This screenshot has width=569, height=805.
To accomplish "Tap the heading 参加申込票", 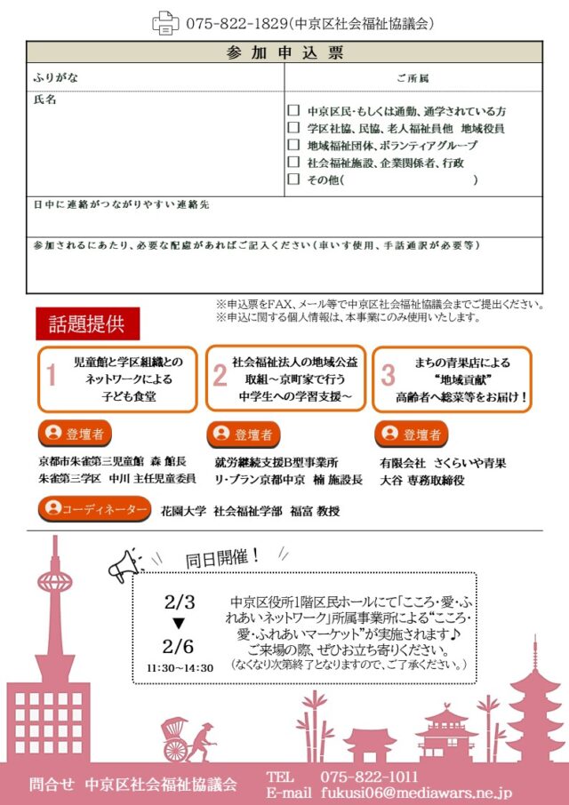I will [x=284, y=52].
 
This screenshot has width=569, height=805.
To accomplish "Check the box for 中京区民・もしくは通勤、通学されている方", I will [x=293, y=111].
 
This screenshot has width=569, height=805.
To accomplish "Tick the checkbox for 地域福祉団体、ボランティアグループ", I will [x=293, y=145].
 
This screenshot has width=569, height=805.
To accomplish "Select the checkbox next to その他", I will [x=293, y=179].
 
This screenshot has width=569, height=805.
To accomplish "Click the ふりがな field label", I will [x=55, y=77].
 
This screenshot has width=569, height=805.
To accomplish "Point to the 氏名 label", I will [x=44, y=100].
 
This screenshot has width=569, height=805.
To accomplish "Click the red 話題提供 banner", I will [x=87, y=324].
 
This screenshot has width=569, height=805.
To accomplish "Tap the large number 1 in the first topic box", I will [x=52, y=377].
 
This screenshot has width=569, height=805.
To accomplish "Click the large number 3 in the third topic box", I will [x=388, y=376].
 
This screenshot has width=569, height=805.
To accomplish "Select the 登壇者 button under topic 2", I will [x=243, y=434].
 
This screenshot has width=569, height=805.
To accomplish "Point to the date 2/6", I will [x=179, y=646].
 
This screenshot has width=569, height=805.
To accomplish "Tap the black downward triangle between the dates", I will [x=179, y=622].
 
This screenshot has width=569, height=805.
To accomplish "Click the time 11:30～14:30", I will [x=180, y=667].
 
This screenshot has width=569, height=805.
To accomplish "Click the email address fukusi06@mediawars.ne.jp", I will [x=414, y=791].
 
